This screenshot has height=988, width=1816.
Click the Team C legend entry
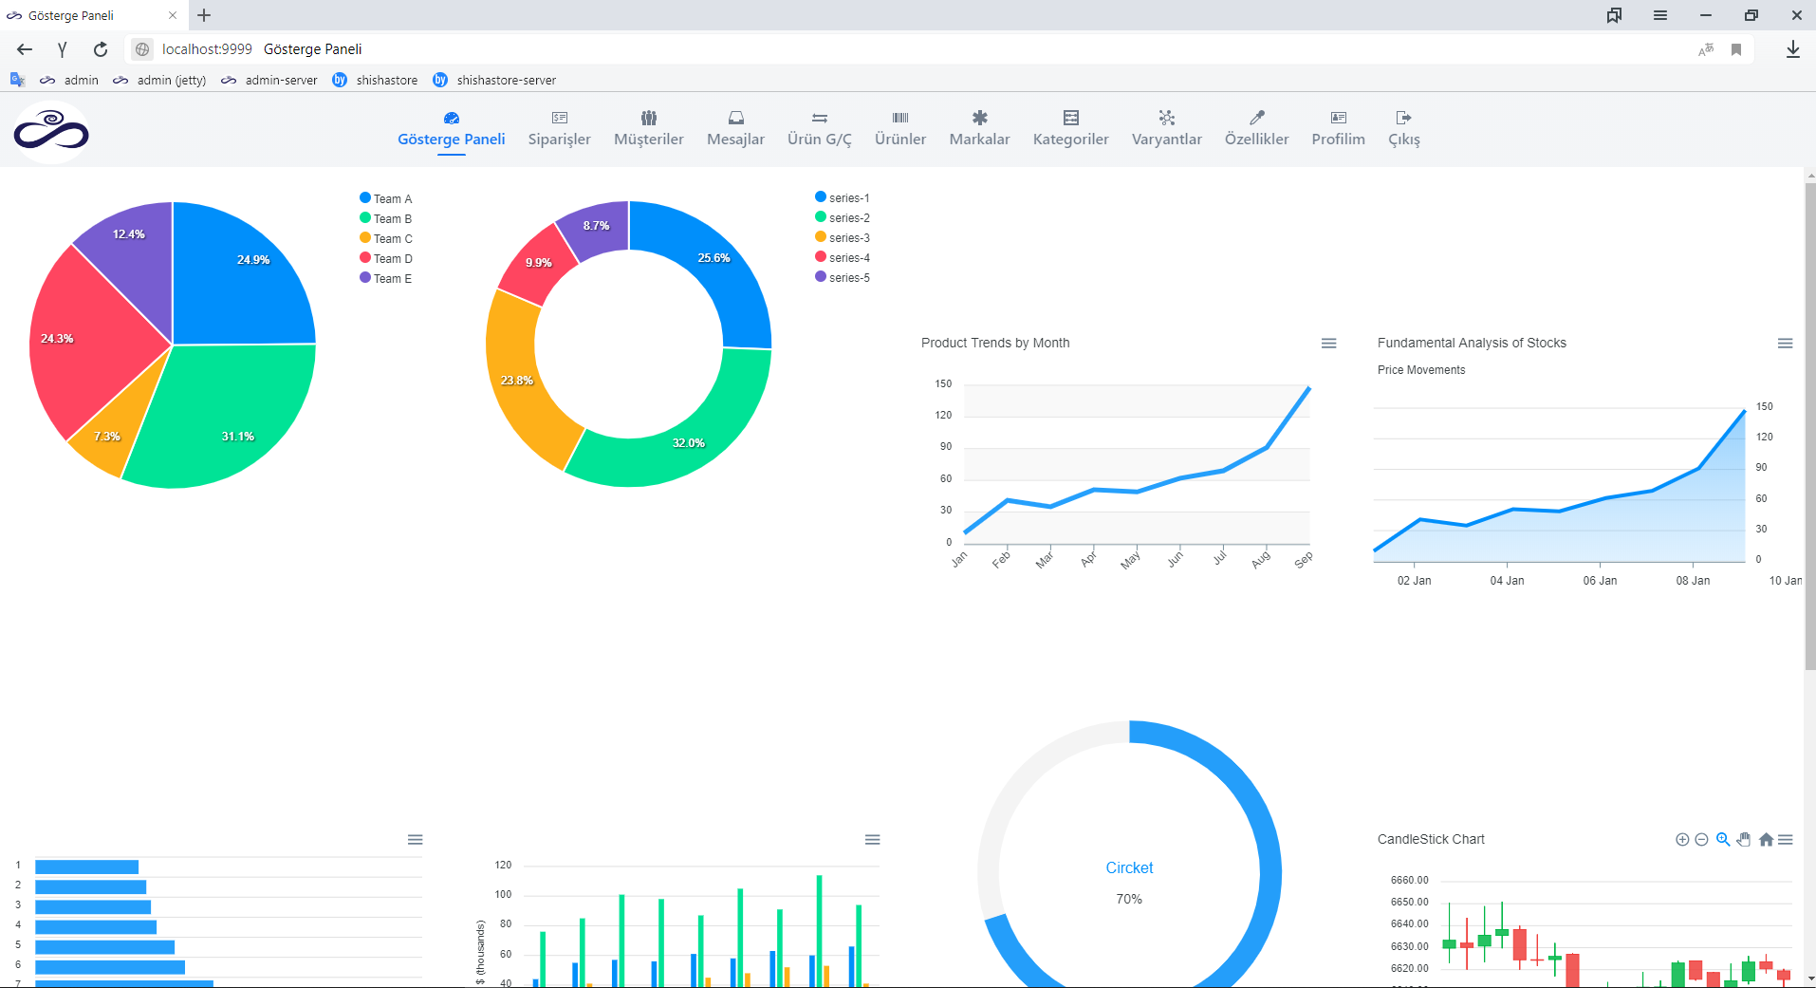[x=392, y=239]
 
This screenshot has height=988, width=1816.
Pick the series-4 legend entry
[x=848, y=258]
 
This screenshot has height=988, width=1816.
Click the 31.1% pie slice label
[x=237, y=437]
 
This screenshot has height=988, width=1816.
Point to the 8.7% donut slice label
[x=596, y=226]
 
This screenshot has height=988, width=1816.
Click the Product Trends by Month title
[x=994, y=343]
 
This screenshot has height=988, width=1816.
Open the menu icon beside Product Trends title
[x=1328, y=344]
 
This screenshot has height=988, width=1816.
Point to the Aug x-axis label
[x=1260, y=561]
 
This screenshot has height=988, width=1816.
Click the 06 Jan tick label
[x=1600, y=581]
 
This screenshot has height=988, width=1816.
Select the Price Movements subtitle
[x=1420, y=370]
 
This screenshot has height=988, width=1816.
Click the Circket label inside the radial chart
[x=1129, y=867]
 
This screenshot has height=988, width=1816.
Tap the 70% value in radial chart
[x=1129, y=899]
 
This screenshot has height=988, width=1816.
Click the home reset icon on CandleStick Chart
[x=1766, y=840]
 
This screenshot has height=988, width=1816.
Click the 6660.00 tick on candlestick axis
[x=1409, y=881]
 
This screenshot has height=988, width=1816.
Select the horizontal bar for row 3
[x=93, y=906]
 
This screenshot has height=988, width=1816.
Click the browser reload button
[x=101, y=49]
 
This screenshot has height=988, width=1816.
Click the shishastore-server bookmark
[x=505, y=81]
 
